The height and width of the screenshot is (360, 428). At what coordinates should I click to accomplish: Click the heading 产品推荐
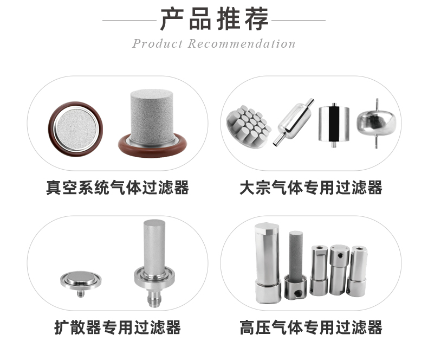(214, 19)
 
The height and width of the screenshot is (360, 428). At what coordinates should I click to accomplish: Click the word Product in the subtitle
(157, 44)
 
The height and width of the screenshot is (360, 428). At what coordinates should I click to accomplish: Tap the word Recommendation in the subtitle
(242, 44)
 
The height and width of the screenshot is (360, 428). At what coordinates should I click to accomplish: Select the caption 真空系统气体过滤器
(117, 188)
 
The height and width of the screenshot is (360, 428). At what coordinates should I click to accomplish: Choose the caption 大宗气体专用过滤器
(311, 188)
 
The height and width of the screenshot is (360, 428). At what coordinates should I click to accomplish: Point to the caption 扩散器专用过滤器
(117, 327)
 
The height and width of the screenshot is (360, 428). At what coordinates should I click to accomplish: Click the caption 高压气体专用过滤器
(311, 327)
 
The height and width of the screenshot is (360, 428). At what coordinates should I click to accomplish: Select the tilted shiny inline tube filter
(295, 123)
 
